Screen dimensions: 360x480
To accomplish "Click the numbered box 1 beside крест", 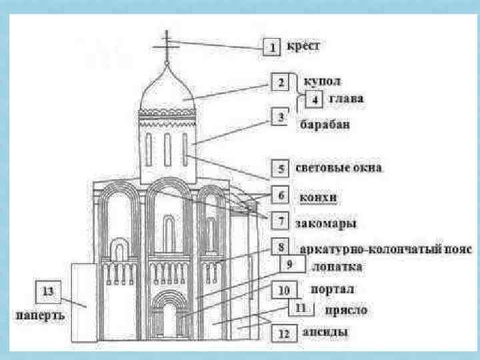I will coord(273,48).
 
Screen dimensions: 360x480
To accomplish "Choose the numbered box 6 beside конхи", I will coord(281,196).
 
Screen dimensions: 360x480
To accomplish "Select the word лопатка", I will coord(337,267).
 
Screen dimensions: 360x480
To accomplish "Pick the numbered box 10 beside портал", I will coord(283,291).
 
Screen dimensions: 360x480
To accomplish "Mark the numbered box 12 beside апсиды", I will coord(283,333).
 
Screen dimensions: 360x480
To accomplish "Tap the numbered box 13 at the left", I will coord(47,291).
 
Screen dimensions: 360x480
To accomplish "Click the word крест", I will coord(304,47).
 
